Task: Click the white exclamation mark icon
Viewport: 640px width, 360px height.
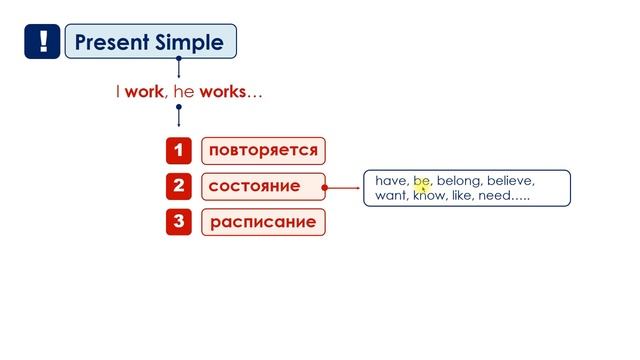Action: click(42, 42)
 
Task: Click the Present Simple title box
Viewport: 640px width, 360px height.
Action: click(151, 42)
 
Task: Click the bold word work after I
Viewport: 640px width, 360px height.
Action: click(144, 92)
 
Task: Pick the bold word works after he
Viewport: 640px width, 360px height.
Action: click(221, 92)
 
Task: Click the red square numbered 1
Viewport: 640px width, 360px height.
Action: click(178, 151)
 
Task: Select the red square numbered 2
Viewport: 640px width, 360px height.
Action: click(178, 186)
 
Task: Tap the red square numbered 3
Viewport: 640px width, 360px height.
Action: click(178, 221)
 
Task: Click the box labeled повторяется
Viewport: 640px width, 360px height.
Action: click(263, 151)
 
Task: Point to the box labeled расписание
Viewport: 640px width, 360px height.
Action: click(263, 221)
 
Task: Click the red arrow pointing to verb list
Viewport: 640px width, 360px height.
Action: click(345, 186)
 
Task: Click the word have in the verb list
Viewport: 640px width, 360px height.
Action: click(391, 181)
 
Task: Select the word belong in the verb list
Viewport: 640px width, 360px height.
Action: click(458, 181)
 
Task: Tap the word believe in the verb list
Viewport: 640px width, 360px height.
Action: click(511, 181)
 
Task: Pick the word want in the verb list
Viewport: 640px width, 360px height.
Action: click(391, 197)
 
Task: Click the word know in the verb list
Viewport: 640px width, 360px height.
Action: click(430, 197)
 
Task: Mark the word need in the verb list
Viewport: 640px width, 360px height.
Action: click(496, 197)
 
